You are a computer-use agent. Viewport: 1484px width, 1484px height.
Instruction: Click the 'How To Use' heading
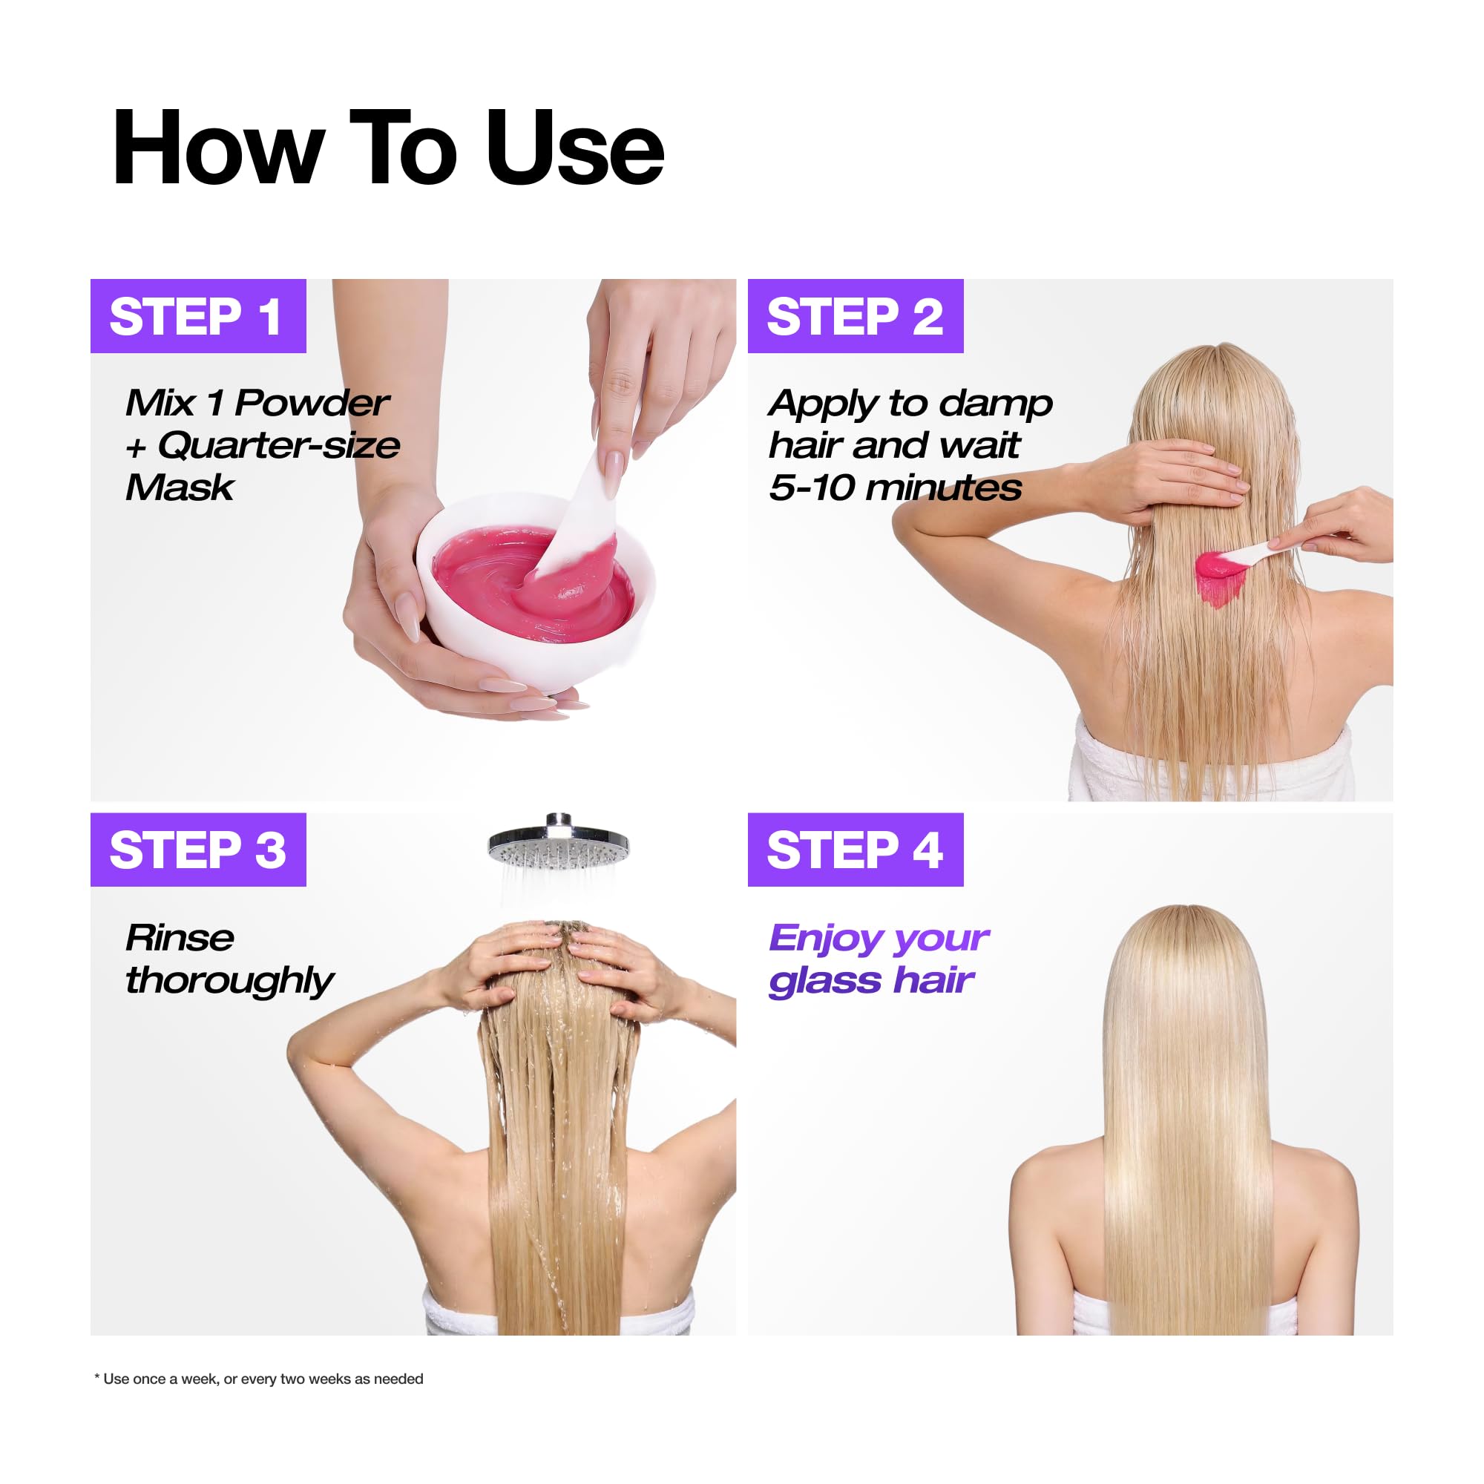click(388, 148)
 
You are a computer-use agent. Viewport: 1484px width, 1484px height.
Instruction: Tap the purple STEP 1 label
click(198, 315)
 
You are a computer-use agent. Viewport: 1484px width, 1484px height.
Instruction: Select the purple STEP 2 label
click(856, 315)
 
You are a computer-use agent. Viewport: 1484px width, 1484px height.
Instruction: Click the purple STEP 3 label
click(198, 850)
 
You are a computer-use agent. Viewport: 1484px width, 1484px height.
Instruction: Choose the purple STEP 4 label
click(856, 850)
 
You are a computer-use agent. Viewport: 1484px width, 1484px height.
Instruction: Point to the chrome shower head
click(559, 841)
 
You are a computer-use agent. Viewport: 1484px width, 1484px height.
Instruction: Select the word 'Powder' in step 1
click(312, 403)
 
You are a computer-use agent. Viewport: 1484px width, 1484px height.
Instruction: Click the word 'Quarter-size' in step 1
click(279, 445)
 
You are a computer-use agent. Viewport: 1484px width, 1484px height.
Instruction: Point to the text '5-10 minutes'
click(896, 487)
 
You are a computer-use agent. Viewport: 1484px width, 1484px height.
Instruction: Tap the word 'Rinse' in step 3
click(180, 938)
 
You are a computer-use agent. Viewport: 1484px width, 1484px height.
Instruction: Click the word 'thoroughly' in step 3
click(230, 981)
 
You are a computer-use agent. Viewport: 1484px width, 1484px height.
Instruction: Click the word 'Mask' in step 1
click(180, 487)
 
